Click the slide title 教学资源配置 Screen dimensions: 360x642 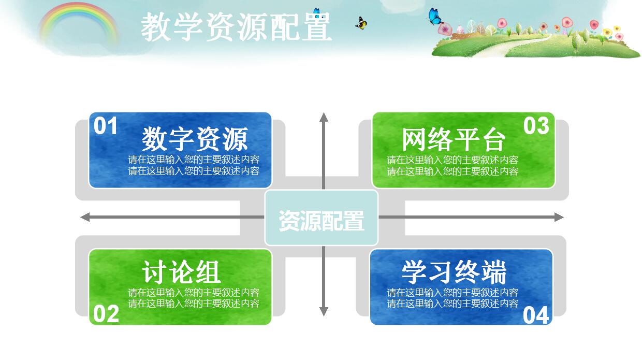(236, 27)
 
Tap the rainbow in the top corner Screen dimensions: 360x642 (78, 21)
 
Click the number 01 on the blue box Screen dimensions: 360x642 (106, 126)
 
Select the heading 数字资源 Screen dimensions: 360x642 (195, 139)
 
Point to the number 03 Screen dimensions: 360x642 (536, 126)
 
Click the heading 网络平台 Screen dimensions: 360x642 (453, 139)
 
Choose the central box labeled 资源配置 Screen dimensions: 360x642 (322, 218)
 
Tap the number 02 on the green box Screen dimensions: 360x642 (106, 314)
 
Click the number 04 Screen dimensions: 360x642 (536, 315)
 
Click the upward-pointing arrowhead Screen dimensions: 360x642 (324, 117)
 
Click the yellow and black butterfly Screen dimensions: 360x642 (361, 23)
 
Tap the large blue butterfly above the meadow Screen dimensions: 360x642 (435, 17)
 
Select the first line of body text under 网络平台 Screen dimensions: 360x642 (453, 160)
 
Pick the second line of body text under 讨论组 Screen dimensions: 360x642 (194, 304)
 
